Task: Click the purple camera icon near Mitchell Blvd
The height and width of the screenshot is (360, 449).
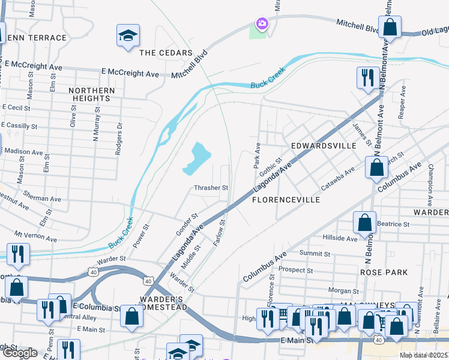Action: coord(262,24)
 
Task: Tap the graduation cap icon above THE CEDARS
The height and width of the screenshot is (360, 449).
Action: coord(128,35)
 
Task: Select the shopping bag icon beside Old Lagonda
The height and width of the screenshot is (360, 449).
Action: coord(390,27)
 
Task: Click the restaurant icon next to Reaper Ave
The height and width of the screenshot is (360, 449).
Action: coord(366,77)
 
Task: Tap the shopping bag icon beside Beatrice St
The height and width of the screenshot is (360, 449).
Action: coord(365,223)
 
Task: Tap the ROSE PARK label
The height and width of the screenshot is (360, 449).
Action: coord(384,272)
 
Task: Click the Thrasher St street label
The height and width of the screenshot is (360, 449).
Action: coord(211,188)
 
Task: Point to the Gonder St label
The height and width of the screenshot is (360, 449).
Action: coord(186,224)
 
